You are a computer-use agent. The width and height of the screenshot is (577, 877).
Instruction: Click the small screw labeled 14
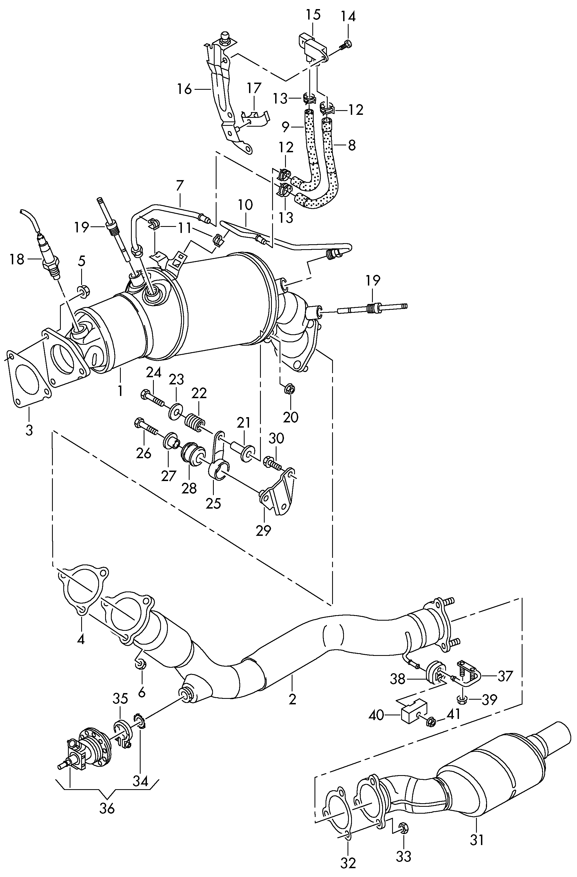pyautogui.click(x=346, y=45)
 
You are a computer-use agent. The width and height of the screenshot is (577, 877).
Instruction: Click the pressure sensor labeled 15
pyautogui.click(x=313, y=47)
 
